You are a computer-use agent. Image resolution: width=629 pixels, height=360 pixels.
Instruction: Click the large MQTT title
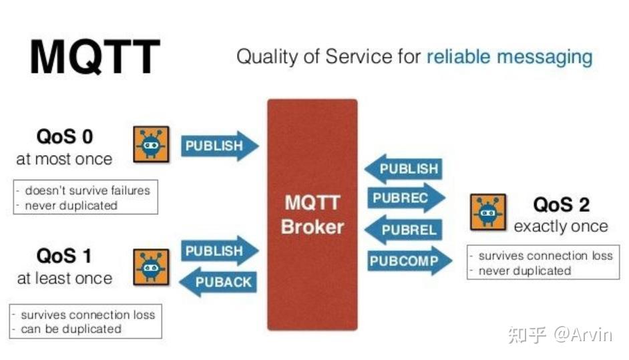95,57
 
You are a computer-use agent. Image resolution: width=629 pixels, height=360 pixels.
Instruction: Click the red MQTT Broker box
312,214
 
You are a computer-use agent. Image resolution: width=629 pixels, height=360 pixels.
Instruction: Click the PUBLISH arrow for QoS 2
405,169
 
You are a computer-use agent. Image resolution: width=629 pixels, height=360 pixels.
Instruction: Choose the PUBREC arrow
405,198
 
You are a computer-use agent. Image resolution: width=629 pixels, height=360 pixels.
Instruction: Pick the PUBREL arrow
405,230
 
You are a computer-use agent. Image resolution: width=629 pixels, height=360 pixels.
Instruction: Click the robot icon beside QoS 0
152,143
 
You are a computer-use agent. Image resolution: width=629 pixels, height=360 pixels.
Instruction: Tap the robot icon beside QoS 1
152,266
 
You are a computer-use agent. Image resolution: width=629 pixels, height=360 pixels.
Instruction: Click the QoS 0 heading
65,138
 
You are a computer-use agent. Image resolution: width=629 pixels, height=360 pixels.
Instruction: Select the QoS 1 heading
64,256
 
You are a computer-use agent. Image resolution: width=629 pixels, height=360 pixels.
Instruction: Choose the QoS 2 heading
561,204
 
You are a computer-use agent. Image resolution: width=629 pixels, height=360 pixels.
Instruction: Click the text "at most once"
64,160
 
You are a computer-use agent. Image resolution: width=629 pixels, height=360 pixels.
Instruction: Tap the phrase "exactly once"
561,226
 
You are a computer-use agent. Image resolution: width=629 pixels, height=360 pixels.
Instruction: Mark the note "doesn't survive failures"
87,190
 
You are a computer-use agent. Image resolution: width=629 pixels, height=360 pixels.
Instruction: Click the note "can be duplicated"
71,329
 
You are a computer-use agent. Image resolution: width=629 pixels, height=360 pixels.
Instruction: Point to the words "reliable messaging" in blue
509,56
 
